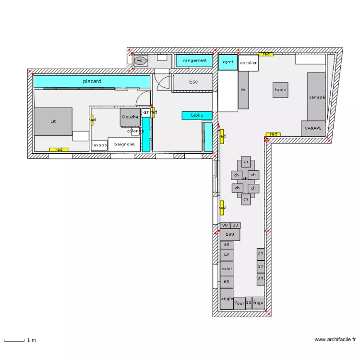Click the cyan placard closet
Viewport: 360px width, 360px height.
pos(91,82)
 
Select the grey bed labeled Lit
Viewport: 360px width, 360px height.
pos(53,121)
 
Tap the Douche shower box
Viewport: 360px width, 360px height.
pos(130,117)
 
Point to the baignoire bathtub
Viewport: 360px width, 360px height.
pos(124,144)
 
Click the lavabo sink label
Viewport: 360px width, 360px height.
pos(99,145)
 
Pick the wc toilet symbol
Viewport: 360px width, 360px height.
pos(140,60)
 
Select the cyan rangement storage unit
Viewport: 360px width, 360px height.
pos(194,61)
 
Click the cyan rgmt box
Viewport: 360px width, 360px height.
pos(228,62)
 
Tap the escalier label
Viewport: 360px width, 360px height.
pos(248,63)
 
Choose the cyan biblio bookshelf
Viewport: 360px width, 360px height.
pos(197,116)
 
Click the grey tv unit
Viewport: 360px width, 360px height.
pos(243,90)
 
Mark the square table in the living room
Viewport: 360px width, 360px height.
pos(280,90)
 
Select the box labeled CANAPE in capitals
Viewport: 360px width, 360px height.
pos(313,128)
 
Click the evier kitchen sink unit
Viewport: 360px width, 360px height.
pos(227,269)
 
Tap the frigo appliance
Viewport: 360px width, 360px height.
pos(258,303)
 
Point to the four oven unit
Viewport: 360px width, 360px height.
pos(240,303)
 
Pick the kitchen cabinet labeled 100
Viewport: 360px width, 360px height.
pos(229,235)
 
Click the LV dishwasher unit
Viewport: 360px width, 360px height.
pos(227,254)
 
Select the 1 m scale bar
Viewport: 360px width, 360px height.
pos(14,340)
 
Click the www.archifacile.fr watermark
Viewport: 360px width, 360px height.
pos(335,340)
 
